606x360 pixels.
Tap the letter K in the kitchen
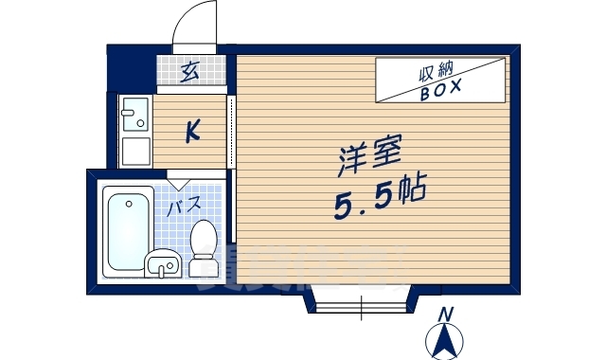tap(191, 132)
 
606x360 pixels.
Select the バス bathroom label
tap(183, 204)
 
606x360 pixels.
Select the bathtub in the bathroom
tap(129, 230)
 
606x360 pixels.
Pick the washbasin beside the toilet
tap(163, 265)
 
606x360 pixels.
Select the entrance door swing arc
tap(196, 23)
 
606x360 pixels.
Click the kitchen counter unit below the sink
tap(135, 152)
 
